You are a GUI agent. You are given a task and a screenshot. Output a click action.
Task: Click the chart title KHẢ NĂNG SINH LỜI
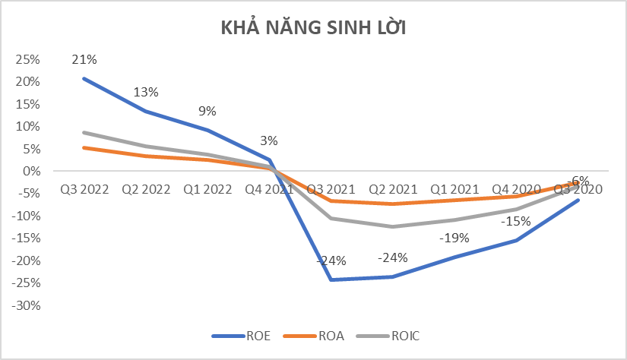coord(312,29)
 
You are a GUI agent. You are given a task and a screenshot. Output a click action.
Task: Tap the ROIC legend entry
coord(394,335)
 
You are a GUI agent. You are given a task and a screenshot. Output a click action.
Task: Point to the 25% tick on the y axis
coord(28,58)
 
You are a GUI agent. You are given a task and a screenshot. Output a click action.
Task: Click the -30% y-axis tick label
coord(26,306)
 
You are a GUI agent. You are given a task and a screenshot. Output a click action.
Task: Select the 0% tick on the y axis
coord(31,172)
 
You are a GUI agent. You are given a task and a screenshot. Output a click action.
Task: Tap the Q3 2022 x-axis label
coord(84,189)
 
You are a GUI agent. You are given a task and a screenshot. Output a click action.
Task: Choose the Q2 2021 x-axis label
coord(393,189)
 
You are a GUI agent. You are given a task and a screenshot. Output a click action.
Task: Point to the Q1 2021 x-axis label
coord(454,189)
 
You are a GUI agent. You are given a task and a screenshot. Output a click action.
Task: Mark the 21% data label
coord(84,59)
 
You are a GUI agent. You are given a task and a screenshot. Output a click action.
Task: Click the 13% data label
coord(146,92)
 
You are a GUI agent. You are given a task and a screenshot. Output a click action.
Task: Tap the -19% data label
coord(454,238)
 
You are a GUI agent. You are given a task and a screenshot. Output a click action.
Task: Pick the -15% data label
coord(516,221)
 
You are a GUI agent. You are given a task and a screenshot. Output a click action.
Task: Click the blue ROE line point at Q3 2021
coord(331,279)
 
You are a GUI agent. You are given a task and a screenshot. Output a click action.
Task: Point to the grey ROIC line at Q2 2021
coord(393,226)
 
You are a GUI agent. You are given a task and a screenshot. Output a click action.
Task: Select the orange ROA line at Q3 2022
coord(84,147)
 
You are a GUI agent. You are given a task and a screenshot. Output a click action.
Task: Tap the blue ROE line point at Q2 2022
coord(146,112)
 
